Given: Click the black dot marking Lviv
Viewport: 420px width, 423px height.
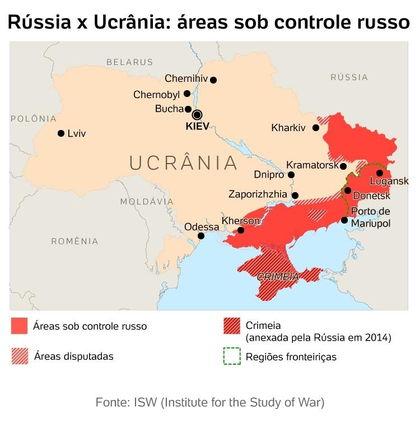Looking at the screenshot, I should point(61,133).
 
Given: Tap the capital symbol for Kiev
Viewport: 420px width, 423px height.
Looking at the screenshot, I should point(197,115).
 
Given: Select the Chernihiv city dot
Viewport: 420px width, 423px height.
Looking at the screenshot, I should point(213,80).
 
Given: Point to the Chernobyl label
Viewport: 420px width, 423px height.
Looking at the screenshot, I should point(156,95).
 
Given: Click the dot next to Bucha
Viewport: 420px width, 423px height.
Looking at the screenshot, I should point(188,109).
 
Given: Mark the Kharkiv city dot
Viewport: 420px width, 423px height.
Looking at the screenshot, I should point(316,128).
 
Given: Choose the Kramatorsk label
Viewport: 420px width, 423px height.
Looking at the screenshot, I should point(312,165).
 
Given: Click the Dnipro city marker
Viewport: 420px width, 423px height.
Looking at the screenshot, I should point(291,175).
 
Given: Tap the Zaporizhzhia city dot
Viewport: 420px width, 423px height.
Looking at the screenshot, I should point(296,196).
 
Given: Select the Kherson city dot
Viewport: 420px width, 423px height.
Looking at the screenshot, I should point(241,230).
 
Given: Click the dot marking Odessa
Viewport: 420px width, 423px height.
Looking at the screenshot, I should point(201,236).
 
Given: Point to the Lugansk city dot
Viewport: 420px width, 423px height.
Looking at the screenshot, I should point(380,173).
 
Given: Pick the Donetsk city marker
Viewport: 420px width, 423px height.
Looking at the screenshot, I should point(348,190).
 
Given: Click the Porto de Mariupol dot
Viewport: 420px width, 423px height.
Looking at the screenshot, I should point(344,220).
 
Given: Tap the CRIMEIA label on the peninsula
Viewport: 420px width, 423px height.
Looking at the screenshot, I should point(278,277).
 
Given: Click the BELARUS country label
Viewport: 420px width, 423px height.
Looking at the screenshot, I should point(129,62).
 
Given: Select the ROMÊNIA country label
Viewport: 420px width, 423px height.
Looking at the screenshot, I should point(74,241).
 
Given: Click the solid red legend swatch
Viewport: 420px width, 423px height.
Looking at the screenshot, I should point(19,326).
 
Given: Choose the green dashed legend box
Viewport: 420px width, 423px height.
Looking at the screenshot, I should point(231,356).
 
